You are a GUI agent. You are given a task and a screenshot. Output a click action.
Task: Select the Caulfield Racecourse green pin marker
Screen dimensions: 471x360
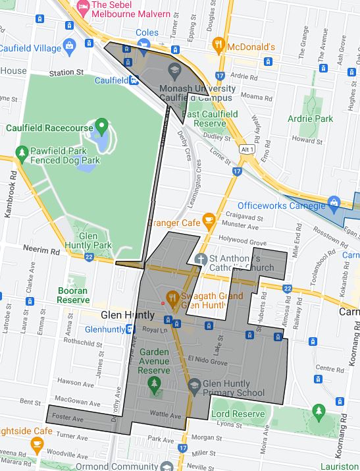pos(101,125)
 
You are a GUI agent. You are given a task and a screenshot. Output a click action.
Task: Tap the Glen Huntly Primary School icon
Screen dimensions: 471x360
pos(194,385)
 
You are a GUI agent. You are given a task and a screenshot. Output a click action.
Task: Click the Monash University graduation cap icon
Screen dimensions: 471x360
pos(176,69)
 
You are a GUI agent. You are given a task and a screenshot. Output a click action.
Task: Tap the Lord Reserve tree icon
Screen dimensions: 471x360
pos(319,412)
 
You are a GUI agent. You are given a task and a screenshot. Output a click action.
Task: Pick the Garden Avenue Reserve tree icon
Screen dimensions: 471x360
pos(155,383)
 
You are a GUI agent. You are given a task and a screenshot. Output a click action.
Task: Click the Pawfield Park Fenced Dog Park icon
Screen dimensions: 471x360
pos(22,154)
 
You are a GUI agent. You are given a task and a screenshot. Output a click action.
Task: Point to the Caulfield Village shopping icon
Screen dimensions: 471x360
pos(69,47)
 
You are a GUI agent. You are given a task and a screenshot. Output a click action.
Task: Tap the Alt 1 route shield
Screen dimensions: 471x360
pos(247,149)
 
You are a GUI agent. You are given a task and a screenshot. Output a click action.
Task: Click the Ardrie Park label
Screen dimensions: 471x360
pos(310,119)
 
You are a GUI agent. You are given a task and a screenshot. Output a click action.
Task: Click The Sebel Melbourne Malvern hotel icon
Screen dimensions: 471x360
pos(82,9)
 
